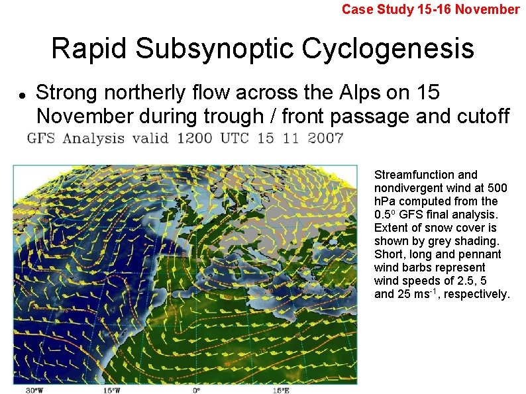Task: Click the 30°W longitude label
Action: click(34, 389)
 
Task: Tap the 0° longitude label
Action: click(196, 389)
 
